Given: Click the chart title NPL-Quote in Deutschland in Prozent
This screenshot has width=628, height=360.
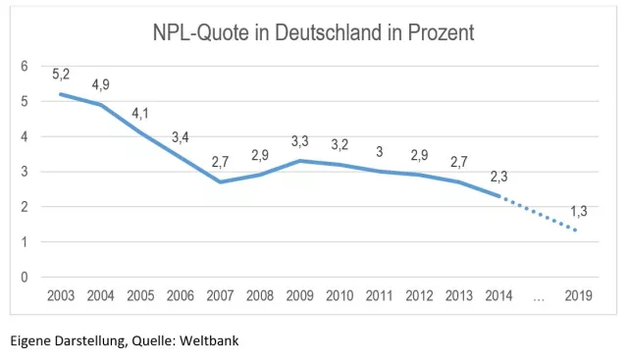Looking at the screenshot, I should point(313,32).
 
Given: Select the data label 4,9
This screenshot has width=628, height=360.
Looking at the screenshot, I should point(101,84).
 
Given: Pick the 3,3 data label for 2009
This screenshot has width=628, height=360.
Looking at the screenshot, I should point(300,141).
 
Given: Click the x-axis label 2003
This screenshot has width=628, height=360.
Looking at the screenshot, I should point(62,295).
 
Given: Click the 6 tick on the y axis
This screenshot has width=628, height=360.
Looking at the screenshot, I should point(25,66).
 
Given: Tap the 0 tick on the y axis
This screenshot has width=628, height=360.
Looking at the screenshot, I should point(25,278).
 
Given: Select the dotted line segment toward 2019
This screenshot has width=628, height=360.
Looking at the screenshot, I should point(541,214).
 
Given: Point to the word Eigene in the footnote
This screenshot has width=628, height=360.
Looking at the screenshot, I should point(30,341).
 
